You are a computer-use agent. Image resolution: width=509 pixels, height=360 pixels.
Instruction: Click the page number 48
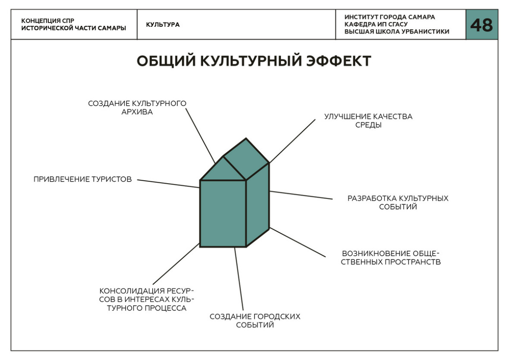481,25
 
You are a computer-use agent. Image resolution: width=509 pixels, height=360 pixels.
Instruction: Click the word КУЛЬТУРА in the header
163,25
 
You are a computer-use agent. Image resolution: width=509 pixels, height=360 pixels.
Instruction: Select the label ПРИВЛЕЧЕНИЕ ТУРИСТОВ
83,179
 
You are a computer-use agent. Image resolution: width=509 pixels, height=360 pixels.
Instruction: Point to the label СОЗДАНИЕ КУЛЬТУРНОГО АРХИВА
137,108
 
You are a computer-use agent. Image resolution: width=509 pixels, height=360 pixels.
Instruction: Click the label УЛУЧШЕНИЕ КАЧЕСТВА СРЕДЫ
368,121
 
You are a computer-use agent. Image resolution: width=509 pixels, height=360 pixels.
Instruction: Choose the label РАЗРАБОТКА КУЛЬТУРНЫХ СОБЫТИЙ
398,202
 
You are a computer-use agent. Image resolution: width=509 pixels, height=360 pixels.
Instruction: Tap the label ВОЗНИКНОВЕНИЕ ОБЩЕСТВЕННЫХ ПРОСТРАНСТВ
391,257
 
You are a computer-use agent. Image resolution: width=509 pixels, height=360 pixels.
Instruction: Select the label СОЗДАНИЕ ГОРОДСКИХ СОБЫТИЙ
255,320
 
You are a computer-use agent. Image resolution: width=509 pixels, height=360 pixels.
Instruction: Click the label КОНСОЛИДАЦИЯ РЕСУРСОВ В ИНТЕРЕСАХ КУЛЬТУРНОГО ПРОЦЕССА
146,299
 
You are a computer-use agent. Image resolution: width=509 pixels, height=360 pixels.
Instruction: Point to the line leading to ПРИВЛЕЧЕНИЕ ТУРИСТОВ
169,184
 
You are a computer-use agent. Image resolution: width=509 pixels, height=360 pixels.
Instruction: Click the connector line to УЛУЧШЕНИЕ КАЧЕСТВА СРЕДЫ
292,141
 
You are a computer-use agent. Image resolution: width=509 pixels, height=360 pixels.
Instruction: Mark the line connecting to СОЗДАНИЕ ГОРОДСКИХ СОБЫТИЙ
239,279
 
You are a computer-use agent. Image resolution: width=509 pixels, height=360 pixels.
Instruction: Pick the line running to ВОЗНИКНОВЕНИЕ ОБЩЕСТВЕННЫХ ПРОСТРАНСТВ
297,242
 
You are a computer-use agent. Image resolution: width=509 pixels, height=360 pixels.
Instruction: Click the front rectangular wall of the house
223,213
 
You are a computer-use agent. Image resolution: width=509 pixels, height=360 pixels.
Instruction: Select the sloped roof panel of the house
246,159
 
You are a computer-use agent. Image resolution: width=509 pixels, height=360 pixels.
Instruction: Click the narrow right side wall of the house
258,204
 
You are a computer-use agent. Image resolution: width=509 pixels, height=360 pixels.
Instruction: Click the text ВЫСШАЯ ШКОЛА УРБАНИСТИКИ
397,31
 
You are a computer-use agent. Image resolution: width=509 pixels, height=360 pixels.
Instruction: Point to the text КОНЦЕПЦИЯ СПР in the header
48,21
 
